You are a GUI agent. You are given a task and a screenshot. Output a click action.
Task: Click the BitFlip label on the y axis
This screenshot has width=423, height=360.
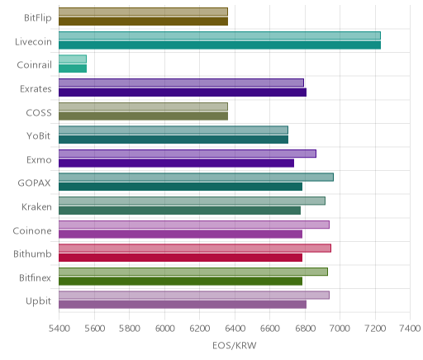pos(38,18)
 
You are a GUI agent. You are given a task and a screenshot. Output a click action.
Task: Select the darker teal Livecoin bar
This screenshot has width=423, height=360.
pos(220,45)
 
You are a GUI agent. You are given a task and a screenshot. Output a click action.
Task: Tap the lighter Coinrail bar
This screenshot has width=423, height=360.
pos(73,59)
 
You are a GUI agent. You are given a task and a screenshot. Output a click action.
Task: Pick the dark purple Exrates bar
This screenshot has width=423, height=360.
pos(183,92)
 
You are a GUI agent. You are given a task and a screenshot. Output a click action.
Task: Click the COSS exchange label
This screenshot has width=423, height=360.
pos(39,112)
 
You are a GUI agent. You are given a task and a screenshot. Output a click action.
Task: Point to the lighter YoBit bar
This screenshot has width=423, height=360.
pos(173,130)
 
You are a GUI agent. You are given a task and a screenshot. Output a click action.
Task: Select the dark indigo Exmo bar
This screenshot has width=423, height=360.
pos(176,163)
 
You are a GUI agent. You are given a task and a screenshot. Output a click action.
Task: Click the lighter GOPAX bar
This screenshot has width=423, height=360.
pos(196,178)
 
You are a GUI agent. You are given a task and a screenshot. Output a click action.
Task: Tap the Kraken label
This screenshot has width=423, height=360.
pos(36,206)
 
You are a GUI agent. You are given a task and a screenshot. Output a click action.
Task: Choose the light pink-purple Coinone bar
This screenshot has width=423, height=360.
pos(194,225)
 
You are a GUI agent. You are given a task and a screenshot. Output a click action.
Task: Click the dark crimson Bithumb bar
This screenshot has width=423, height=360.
pos(180,258)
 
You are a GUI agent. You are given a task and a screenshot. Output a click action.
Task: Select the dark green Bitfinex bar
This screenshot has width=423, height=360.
pos(180,282)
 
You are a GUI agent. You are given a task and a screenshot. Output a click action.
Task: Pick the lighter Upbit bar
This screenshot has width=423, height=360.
pos(194,296)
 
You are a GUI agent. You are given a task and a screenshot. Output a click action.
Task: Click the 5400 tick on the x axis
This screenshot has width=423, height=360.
pos(59,329)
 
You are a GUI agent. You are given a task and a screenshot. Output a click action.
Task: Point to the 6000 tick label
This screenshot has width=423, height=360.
pos(164,329)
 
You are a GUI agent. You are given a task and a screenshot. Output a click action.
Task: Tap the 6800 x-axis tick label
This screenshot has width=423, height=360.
pos(305,329)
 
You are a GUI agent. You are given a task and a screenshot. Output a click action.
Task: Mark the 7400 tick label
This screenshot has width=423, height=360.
pos(410,329)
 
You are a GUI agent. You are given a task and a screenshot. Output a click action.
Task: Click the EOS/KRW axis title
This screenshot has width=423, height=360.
pos(235,345)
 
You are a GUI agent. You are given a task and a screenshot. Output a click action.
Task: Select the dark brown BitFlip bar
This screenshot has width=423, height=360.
pos(143,21)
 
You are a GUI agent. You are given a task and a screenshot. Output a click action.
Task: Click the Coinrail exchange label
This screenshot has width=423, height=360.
pos(34,65)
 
